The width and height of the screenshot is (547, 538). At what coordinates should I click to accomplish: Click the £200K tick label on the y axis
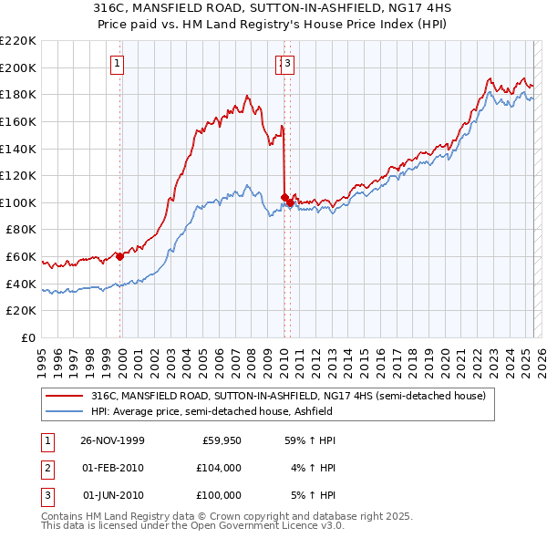(x=18, y=67)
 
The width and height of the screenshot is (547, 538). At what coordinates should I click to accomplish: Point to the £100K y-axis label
(x=18, y=202)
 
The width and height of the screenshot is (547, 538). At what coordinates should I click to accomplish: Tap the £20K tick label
(x=21, y=311)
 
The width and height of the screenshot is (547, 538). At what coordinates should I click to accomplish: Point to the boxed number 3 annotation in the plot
(x=287, y=63)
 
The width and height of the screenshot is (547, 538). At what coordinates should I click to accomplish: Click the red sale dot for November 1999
(x=119, y=257)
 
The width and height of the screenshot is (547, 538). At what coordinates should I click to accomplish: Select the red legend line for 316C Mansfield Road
(x=63, y=396)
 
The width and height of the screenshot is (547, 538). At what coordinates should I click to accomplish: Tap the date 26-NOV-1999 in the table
(x=112, y=440)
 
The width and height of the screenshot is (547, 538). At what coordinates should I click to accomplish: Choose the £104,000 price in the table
(x=218, y=468)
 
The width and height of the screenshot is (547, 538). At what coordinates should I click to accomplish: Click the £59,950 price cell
(x=221, y=440)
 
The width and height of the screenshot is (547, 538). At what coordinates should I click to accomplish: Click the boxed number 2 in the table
(x=47, y=468)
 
